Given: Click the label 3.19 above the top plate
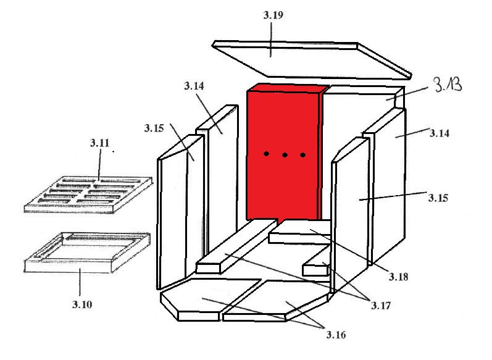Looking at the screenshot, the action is coord(273,15).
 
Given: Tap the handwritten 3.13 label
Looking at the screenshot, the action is coord(448,85).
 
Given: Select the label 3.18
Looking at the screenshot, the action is coord(399,277).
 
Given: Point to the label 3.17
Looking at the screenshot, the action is coord(381,306).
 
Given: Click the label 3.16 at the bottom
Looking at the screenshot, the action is coord(336,335).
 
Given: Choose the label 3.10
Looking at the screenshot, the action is coord(82,304).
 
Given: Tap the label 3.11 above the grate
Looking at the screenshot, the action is coord(100,143).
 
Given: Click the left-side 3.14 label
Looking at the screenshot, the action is coord(194,86).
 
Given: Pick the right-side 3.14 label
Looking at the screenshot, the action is coord(440,133).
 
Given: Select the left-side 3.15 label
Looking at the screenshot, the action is coord(154,128).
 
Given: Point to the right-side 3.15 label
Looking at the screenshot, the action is coord(438,198).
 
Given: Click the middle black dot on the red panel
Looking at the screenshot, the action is coord(285,155).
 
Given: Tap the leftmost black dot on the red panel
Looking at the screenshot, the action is coord(266,154).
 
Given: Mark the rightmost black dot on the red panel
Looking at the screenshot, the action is coord(303,155).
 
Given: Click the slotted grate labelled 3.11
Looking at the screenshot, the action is coord(88,195).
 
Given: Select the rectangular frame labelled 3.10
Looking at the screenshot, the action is coord(87,253).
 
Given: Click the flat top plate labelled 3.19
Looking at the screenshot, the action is coord(312,61).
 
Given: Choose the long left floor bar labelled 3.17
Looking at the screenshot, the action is coord(237,246).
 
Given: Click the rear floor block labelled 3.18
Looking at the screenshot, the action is coord(300,232).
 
